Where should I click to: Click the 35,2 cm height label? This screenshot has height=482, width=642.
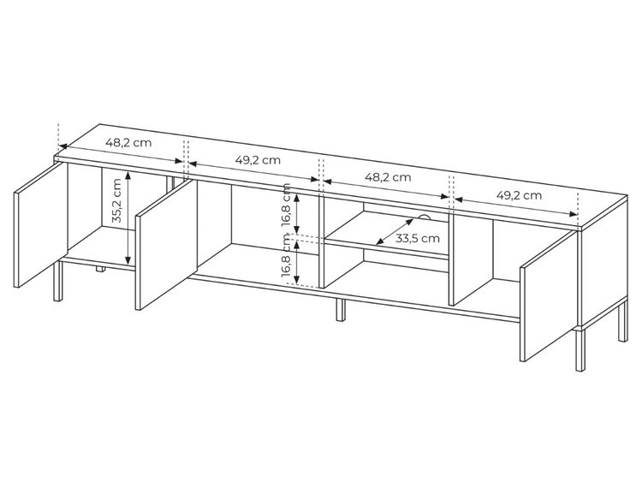(117, 200)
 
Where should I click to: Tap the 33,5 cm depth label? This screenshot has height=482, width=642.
(417, 238)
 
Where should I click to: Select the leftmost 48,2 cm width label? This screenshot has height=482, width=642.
(128, 142)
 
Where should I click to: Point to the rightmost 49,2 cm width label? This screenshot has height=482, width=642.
(519, 195)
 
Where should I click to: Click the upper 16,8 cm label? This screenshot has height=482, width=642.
(286, 205)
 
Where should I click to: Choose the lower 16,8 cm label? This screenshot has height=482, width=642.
(286, 255)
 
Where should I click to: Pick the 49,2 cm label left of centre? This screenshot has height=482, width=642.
(258, 160)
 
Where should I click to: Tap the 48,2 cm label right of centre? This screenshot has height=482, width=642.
(388, 177)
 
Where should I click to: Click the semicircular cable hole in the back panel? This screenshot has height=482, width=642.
(425, 217)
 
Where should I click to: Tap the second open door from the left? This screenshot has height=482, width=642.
(167, 245)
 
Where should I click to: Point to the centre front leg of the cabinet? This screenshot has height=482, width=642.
(341, 310)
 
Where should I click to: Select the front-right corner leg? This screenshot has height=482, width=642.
(580, 350)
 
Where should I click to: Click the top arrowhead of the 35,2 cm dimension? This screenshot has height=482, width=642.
(128, 176)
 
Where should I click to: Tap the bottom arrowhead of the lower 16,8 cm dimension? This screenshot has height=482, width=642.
(298, 280)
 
